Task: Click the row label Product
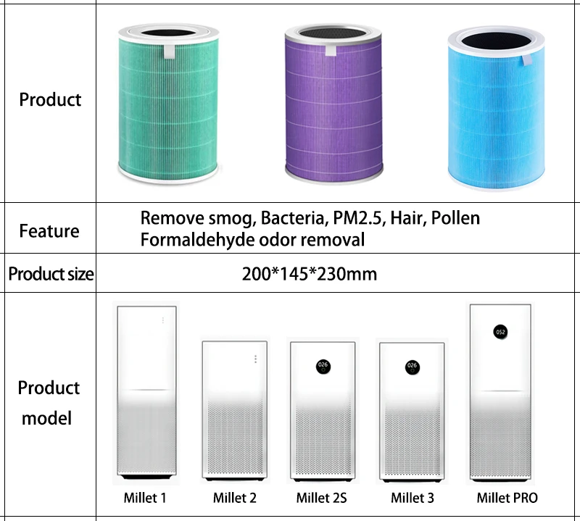pos(50,99)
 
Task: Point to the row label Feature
pos(49,231)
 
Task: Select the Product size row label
pos(50,275)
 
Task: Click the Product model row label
pos(49,402)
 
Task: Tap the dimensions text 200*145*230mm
pos(309,275)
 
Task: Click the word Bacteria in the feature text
pos(294,217)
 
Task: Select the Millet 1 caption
pos(145,498)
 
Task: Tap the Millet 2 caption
pos(235,498)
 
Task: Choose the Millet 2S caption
pos(321,498)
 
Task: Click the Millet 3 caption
pos(412,498)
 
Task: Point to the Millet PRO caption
pos(507,498)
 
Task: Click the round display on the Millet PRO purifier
pos(500,331)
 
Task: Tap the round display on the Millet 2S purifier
pos(323,366)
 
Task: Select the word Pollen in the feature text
pos(455,217)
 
